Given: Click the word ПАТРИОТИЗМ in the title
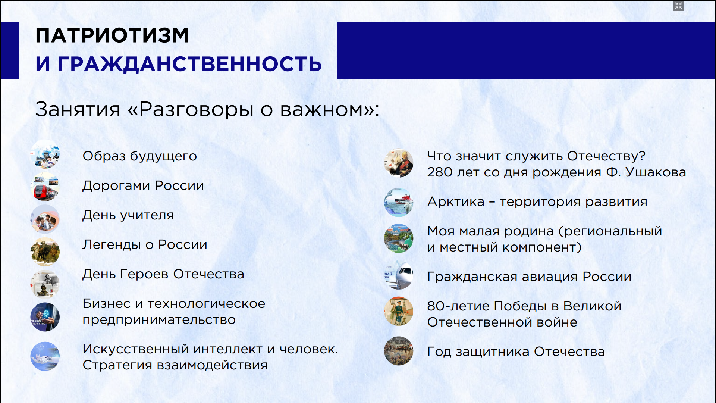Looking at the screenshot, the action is click(112, 35).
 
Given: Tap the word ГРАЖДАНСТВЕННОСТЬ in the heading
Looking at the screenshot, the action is click(189, 64).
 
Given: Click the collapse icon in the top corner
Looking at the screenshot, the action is click(678, 6).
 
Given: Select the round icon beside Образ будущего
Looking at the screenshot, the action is click(45, 155).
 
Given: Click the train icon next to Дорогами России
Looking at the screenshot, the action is click(45, 186).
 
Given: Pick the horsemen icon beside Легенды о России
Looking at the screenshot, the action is click(45, 251).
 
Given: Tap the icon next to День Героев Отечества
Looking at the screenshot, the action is click(45, 284).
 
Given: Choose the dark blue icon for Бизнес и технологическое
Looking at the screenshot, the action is click(45, 317).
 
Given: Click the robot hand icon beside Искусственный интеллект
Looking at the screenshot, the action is click(45, 356).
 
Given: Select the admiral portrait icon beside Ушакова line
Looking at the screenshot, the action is click(399, 163).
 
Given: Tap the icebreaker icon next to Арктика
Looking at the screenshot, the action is click(399, 202).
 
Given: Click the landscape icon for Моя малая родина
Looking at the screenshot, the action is click(399, 238).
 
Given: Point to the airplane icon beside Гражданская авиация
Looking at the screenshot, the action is click(399, 276).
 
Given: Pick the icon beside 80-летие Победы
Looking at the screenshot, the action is click(399, 311).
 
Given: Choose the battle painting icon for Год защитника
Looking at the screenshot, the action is click(399, 351).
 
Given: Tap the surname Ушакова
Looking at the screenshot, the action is click(656, 172).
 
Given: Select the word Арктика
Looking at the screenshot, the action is click(456, 201).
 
